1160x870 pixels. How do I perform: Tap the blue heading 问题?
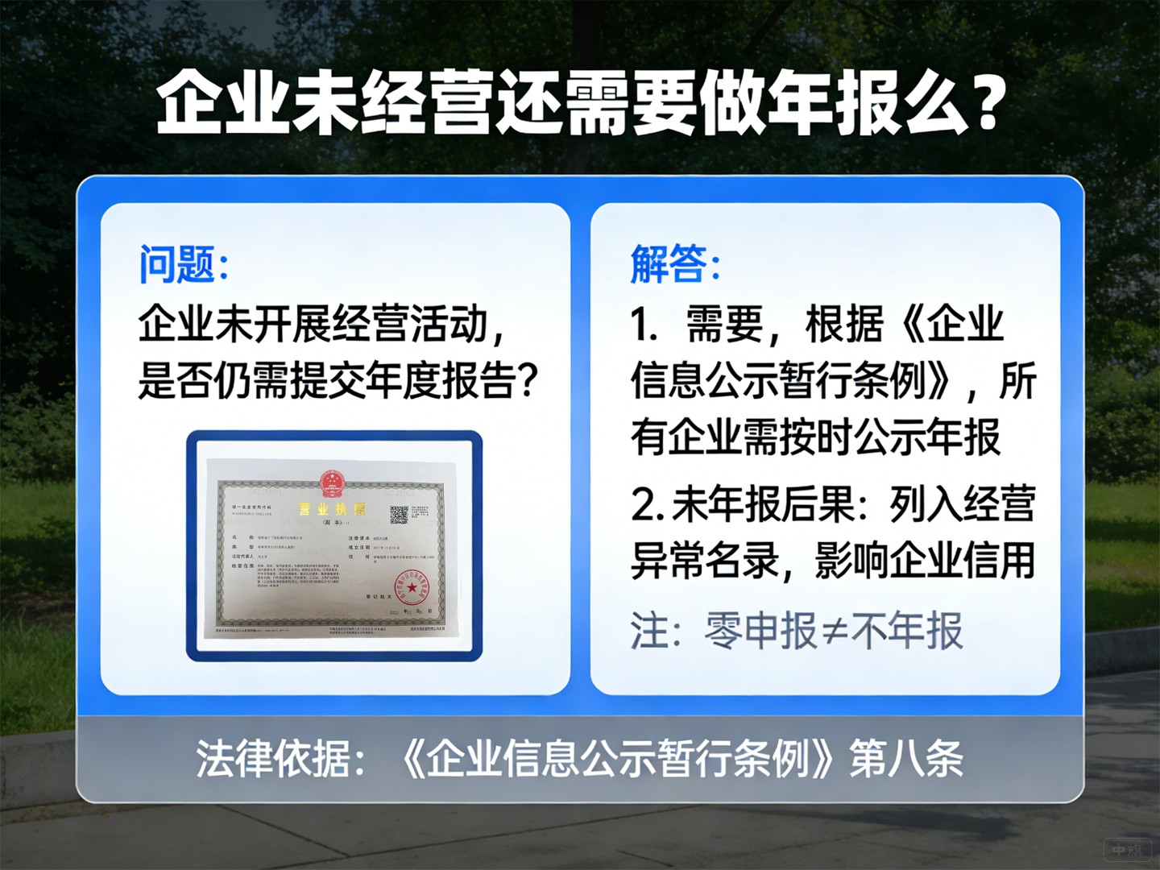184,264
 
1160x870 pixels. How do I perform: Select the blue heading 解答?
674,264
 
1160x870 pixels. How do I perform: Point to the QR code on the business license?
399,515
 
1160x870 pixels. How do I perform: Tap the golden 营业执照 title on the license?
331,508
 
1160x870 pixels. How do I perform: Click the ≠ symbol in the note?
835,632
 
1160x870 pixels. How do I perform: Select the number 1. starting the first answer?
644,325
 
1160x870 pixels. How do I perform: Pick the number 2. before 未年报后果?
648,505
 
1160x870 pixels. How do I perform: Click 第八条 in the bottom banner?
906,759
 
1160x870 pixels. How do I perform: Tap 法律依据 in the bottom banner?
274,759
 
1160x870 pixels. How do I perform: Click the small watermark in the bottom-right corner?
1127,849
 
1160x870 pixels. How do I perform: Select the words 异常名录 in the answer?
705,561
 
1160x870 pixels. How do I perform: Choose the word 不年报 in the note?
907,632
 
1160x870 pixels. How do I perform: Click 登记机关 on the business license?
379,597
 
